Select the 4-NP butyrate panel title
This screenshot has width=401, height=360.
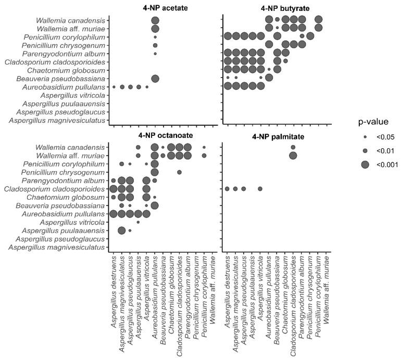coord(276,9)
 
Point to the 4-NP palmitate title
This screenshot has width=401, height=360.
coord(276,138)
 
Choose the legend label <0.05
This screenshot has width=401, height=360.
coord(377,137)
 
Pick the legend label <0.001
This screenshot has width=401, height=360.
coord(378,164)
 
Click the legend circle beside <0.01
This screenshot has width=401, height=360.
coord(365,150)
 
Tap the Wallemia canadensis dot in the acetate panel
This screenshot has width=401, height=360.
coord(155,20)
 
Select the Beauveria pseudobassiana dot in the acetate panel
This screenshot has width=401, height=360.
coord(155,78)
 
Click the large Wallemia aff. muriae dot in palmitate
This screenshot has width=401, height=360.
coord(293,156)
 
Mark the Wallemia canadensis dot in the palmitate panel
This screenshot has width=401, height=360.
coord(293,147)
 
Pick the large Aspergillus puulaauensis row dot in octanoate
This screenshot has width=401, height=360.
coord(121,230)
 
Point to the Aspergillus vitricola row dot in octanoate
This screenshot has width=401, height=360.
coord(138,222)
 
